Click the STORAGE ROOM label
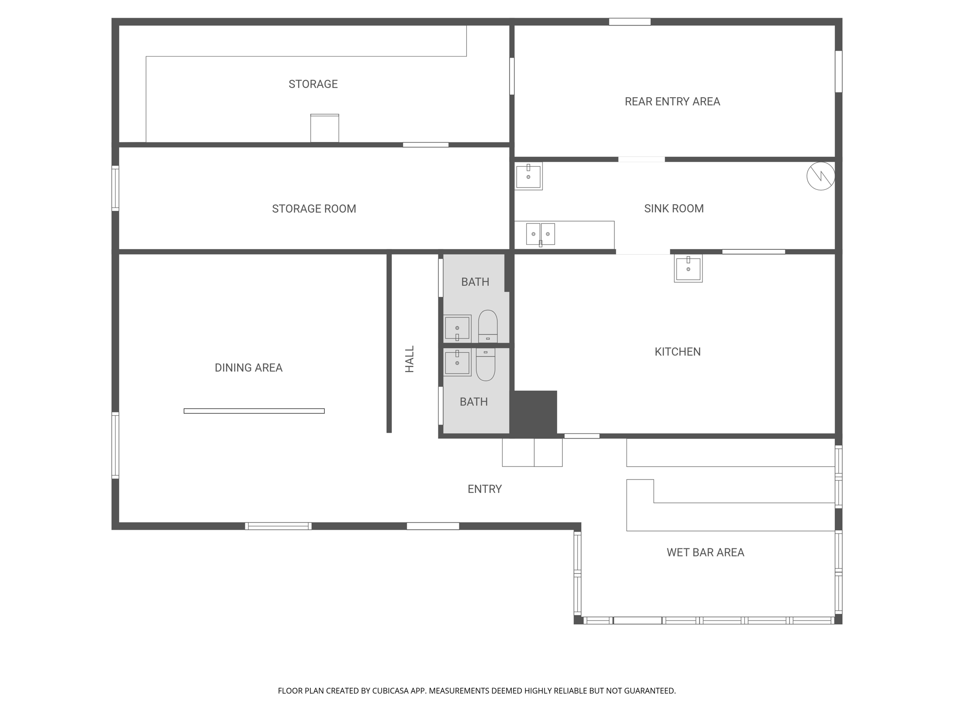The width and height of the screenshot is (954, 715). point(314,209)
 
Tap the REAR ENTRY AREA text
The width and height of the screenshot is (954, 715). point(672,101)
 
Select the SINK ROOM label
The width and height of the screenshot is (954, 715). point(674,209)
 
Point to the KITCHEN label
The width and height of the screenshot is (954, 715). point(677,352)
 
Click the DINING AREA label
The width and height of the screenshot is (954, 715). point(248,368)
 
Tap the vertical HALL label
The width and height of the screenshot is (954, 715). point(409,359)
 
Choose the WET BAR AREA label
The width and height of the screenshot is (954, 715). point(705,553)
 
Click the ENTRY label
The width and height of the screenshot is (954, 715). point(484,489)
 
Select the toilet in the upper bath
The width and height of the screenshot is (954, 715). point(488,325)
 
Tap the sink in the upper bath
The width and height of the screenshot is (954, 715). point(457,329)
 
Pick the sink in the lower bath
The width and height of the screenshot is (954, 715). point(457,362)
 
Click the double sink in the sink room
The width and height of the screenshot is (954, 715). point(540,234)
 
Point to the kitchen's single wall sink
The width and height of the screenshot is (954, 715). point(688,269)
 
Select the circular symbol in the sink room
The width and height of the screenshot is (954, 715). point(820,176)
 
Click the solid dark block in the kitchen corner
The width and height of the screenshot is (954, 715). point(535,412)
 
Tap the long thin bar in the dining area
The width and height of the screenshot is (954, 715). point(254,411)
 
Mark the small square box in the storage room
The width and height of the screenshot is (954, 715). point(325,128)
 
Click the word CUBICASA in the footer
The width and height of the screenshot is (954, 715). point(390,691)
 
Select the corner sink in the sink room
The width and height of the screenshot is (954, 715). point(528,176)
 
